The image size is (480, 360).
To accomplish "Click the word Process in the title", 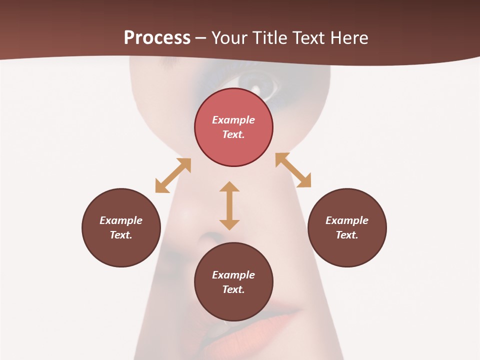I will click(x=157, y=38).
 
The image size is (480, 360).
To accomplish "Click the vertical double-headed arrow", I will click(x=229, y=205).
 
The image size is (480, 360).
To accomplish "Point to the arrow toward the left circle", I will click(x=173, y=175).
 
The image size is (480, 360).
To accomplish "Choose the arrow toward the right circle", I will click(x=293, y=170).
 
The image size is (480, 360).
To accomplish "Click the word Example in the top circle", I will click(x=233, y=120).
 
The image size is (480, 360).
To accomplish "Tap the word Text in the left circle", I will click(x=121, y=235).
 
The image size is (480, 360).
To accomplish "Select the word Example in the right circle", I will click(x=347, y=220).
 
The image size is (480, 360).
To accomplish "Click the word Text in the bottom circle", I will click(x=233, y=289).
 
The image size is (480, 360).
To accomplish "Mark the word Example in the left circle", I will click(x=121, y=220).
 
